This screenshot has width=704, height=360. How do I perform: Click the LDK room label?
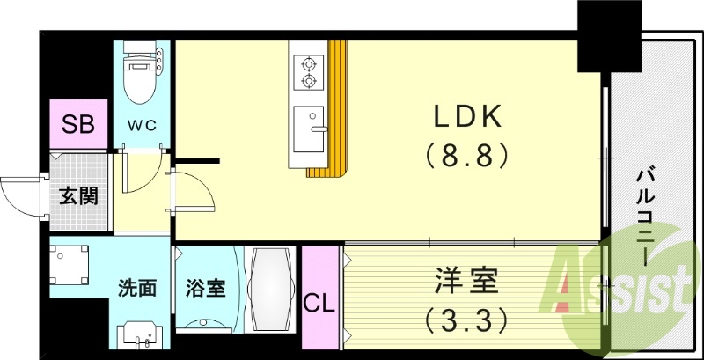pyautogui.click(x=466, y=116)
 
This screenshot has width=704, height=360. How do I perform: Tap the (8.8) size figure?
pyautogui.click(x=466, y=156)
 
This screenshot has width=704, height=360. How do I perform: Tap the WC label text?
pyautogui.click(x=143, y=126)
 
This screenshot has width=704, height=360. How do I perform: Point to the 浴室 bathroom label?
pyautogui.click(x=205, y=288)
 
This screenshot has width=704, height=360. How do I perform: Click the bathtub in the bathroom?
pyautogui.click(x=268, y=289)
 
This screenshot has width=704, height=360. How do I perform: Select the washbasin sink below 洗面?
pyautogui.click(x=141, y=334)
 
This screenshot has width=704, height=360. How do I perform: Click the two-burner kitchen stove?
pyautogui.click(x=308, y=72)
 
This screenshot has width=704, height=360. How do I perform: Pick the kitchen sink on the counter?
pyautogui.click(x=308, y=128)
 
